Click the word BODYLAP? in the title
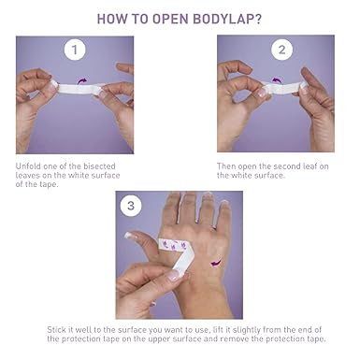coord(227,20)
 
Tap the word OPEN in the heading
coord(170,20)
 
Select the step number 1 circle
coord(75,50)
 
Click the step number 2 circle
coord(281,50)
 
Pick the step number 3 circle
coord(131,206)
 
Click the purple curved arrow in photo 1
coord(82,80)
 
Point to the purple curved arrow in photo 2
coord(276,80)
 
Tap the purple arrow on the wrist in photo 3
coord(216,263)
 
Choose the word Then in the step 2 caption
coord(226,166)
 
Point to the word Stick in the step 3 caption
coord(56,329)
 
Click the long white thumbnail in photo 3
coord(129,236)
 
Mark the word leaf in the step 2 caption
coord(310,166)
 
